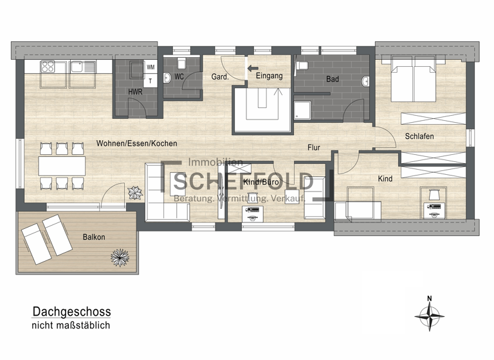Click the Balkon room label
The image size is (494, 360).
(x=94, y=237)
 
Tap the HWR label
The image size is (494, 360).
(x=135, y=93)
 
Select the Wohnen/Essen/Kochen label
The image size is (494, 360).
(x=136, y=143)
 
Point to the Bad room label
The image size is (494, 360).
(x=332, y=80)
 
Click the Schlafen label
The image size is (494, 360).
(x=419, y=136)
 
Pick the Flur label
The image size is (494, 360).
(x=313, y=148)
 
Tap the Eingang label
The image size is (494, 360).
(x=269, y=76)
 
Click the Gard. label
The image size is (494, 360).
(x=219, y=77)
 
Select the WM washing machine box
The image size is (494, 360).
(x=151, y=67)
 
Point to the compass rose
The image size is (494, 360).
(x=429, y=314)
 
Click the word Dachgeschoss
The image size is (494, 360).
(x=71, y=312)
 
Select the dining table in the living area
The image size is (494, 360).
(x=62, y=166)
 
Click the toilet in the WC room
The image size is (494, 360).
(x=181, y=63)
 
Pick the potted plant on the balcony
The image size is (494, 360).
(x=120, y=257)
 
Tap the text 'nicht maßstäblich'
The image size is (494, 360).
(x=71, y=327)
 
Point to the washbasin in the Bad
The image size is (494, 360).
(x=366, y=82)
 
